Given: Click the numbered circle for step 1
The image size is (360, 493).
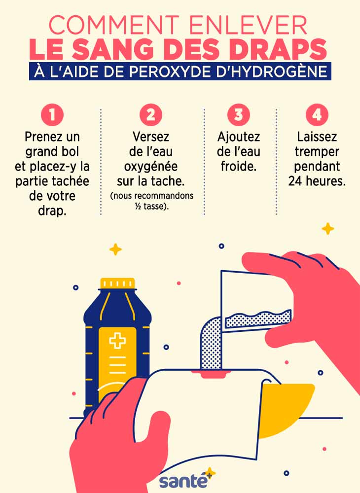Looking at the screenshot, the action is [x=52, y=115].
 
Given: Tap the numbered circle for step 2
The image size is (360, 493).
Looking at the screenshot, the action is [x=151, y=115].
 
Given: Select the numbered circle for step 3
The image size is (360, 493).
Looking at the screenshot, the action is [x=239, y=115].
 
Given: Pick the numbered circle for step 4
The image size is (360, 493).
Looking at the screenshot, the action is [x=317, y=115].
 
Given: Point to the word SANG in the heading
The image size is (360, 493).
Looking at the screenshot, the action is [x=113, y=49].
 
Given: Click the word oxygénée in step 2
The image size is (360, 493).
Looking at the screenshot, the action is [x=151, y=166].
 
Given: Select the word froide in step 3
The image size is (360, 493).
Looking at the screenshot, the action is [x=239, y=166].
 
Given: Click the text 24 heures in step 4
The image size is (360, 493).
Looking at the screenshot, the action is [x=317, y=181].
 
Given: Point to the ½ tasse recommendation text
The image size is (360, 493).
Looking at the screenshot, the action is [x=152, y=207].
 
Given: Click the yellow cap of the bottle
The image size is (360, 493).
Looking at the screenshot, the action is [x=117, y=283].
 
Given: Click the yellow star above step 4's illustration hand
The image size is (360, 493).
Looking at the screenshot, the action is [x=328, y=229].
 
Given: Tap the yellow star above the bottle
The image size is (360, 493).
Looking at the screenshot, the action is [x=115, y=249].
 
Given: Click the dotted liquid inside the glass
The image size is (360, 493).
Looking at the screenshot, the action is [x=258, y=318].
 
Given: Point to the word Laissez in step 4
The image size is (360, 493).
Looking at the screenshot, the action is [x=317, y=137].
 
